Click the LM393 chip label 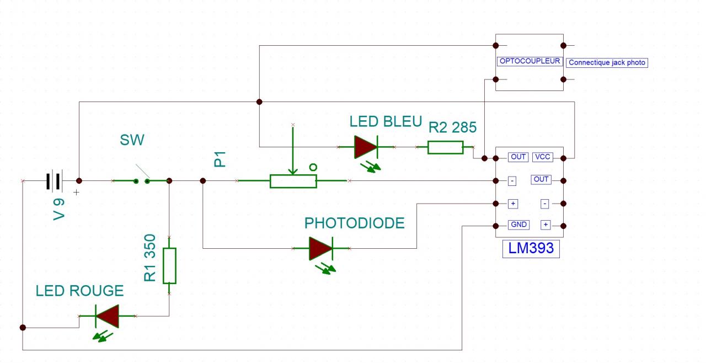[x=531, y=249]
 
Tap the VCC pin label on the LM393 [x=542, y=157]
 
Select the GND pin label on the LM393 [x=519, y=225]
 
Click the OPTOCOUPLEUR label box [x=529, y=61]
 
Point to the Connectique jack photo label [x=606, y=63]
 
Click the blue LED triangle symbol [x=365, y=147]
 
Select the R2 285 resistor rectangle [x=445, y=147]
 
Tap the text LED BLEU [x=386, y=122]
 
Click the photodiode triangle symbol [x=320, y=249]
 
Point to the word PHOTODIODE [x=354, y=223]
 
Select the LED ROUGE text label [x=79, y=291]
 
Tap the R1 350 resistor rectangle [x=169, y=265]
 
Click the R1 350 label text [x=150, y=258]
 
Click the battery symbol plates [x=54, y=180]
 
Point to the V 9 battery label [x=59, y=208]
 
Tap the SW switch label [x=132, y=140]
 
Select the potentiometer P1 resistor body [x=293, y=181]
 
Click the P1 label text [x=220, y=161]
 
